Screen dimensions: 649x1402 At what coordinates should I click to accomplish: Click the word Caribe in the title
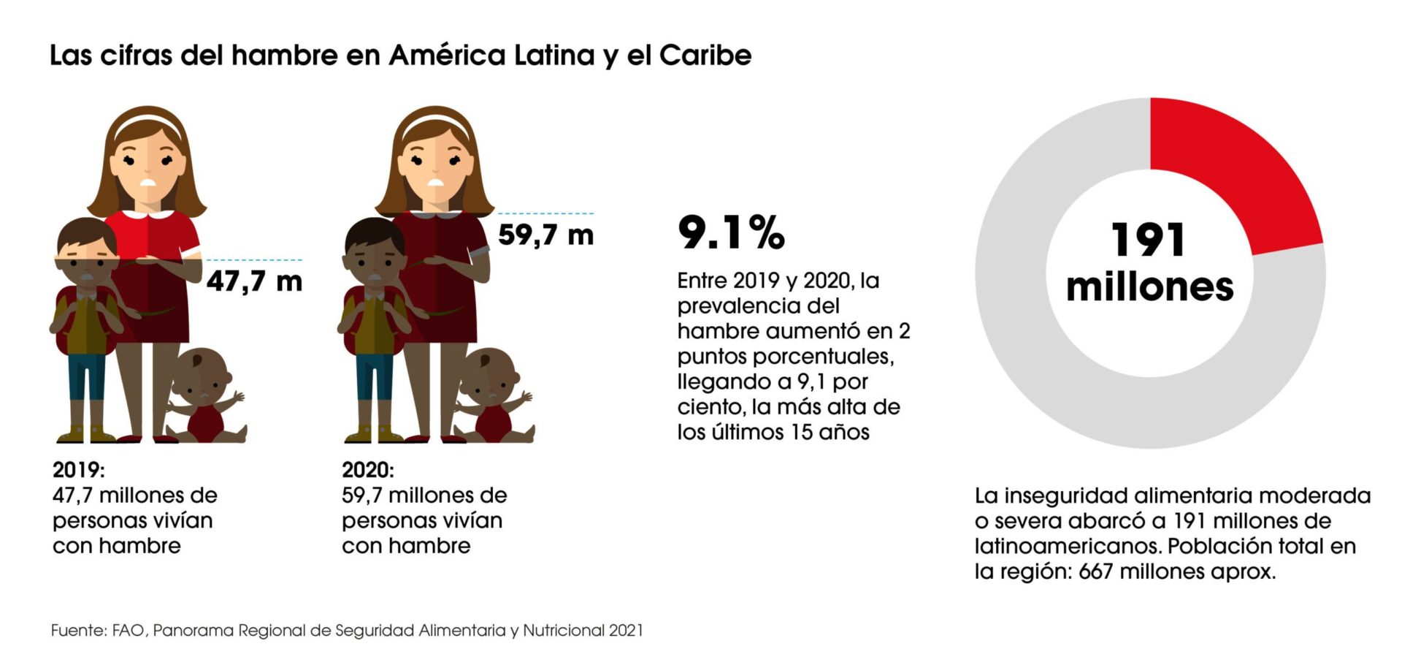click(705, 56)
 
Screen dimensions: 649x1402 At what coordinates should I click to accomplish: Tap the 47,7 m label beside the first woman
click(254, 281)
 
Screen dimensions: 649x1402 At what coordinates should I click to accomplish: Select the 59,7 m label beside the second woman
click(545, 235)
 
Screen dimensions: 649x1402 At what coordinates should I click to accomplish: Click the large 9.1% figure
click(731, 232)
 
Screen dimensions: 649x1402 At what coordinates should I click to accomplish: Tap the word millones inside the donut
click(1149, 286)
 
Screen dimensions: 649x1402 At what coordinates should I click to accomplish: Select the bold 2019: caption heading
click(78, 469)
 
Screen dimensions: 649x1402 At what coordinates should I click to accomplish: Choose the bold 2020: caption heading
click(367, 469)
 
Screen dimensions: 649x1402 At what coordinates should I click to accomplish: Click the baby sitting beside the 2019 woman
click(206, 398)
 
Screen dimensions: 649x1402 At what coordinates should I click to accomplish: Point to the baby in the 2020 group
click(494, 398)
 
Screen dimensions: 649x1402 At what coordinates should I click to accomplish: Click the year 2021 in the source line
click(625, 630)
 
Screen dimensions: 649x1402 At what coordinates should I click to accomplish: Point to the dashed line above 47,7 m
click(254, 259)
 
